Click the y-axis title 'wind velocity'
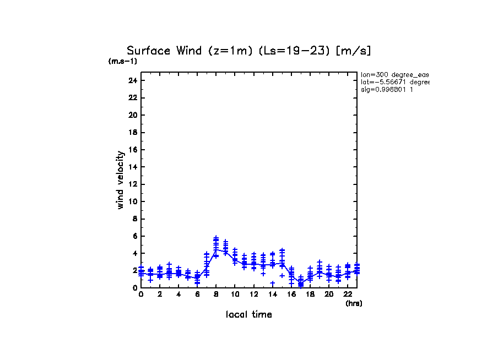click(x=120, y=180)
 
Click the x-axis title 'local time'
click(x=248, y=315)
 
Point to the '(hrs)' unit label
click(x=353, y=303)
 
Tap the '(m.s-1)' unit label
click(x=122, y=62)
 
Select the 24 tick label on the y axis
click(x=132, y=80)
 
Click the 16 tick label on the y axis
click(x=132, y=150)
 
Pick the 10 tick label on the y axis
click(x=132, y=201)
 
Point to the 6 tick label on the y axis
click(x=134, y=236)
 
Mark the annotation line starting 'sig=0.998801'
click(x=387, y=90)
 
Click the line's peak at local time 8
click(x=216, y=249)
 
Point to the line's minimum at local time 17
click(x=301, y=283)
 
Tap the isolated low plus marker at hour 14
click(x=272, y=283)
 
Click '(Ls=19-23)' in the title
click(x=276, y=51)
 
